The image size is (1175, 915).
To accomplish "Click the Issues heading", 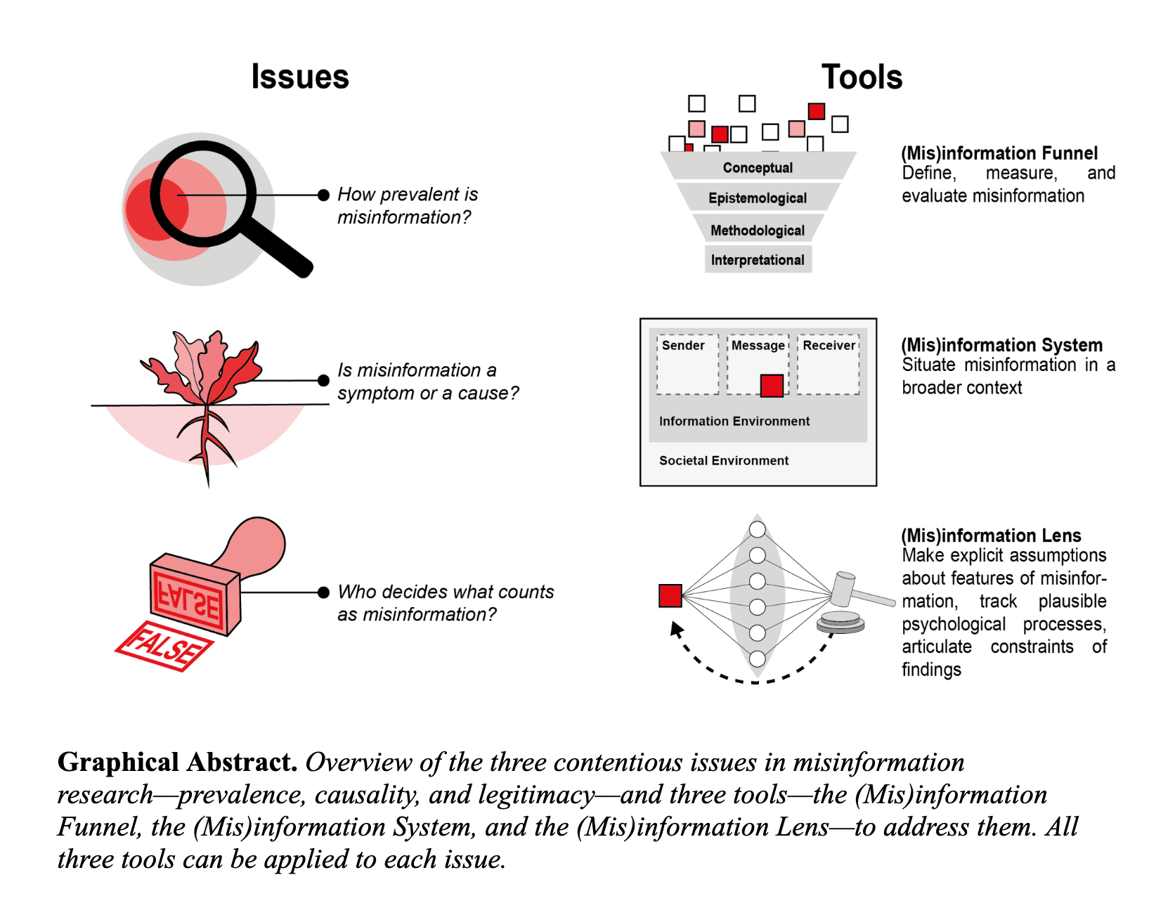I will (300, 77).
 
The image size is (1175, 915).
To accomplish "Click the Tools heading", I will (862, 77).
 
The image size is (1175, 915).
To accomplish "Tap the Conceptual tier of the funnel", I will (758, 167).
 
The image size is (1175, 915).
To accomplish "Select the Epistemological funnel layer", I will (758, 198).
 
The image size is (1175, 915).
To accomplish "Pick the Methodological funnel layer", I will (758, 231).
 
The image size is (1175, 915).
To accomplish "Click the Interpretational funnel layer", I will (758, 260).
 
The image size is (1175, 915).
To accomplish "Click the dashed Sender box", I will (687, 365).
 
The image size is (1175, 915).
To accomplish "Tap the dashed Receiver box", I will (829, 365).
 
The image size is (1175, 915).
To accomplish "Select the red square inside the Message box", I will (772, 386).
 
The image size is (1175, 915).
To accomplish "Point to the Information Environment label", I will (734, 421).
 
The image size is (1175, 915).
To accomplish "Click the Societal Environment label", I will (723, 460).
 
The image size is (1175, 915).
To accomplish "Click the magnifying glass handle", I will (281, 249).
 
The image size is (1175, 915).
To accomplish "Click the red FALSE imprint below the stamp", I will (164, 646).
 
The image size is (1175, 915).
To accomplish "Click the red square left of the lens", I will (670, 595).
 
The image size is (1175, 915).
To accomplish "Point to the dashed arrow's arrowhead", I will (676, 628).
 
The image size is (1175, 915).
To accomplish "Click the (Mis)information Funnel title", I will (999, 153).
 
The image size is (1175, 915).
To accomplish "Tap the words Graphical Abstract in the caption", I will (177, 762).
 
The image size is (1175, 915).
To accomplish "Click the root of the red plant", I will (205, 443).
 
